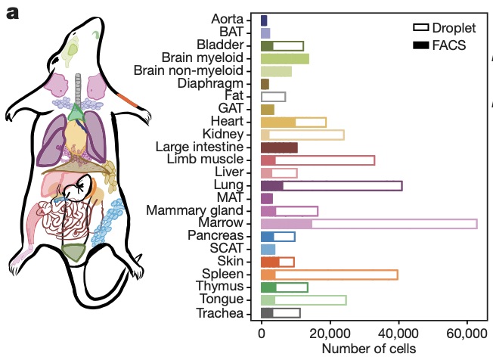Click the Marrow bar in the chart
point(369,223)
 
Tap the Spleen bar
point(329,275)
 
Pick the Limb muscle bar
point(318,160)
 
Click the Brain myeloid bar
point(285,58)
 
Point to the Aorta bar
point(264,20)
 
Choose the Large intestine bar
point(279,147)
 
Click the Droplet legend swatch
point(420,27)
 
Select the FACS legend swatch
point(420,45)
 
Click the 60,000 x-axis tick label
point(467,333)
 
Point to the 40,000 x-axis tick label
point(398,333)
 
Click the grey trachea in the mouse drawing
point(78,87)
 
